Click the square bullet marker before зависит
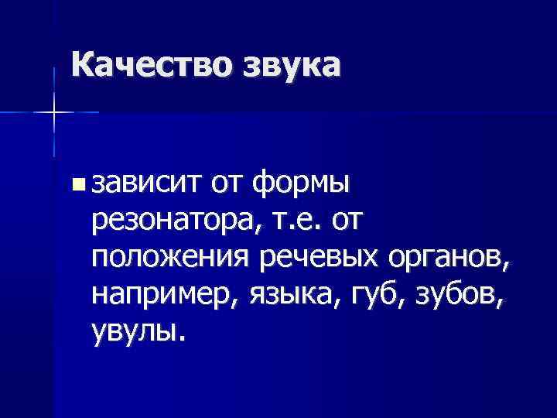pyautogui.click(x=76, y=184)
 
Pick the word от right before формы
pyautogui.click(x=228, y=184)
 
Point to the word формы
pyautogui.click(x=303, y=184)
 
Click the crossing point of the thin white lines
pyautogui.click(x=53, y=112)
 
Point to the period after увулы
pyautogui.click(x=183, y=339)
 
